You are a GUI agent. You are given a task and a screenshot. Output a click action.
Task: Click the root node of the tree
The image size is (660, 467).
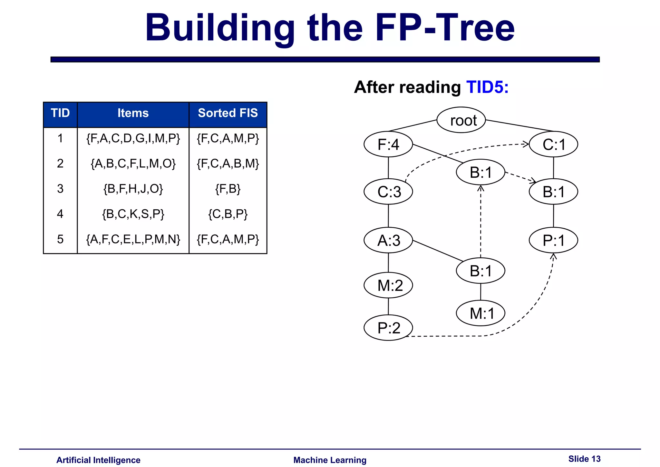(x=461, y=120)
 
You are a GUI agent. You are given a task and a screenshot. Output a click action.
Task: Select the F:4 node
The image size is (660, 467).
(x=388, y=144)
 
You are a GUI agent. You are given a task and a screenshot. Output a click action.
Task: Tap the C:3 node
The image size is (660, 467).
(x=388, y=192)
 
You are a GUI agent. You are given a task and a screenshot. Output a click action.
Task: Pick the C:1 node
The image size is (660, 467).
(x=553, y=144)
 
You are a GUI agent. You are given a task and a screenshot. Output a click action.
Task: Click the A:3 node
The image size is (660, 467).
(x=388, y=240)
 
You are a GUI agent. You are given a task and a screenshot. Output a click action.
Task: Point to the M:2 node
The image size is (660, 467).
(x=388, y=285)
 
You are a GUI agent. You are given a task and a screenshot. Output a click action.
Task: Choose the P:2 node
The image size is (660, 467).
(x=388, y=328)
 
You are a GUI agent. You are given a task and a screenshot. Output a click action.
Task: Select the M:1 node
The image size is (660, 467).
(x=480, y=313)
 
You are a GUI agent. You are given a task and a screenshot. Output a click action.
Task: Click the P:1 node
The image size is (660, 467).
(x=553, y=240)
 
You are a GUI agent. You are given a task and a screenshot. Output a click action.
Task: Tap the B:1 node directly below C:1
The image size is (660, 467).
(x=553, y=192)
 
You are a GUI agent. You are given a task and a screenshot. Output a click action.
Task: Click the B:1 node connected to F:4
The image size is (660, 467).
(x=480, y=172)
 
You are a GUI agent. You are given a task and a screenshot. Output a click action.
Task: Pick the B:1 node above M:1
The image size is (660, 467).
(x=480, y=271)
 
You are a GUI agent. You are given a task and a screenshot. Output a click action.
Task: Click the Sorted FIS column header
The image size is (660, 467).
(x=228, y=114)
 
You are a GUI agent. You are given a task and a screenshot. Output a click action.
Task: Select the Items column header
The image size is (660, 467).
(x=133, y=114)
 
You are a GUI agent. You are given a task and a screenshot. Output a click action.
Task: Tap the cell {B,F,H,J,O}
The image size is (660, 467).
(x=133, y=189)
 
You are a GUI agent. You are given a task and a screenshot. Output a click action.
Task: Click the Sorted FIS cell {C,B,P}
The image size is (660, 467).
(x=228, y=214)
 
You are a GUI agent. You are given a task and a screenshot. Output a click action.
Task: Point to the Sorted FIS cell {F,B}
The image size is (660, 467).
(x=228, y=189)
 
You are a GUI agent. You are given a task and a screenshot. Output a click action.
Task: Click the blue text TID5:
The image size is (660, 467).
(x=487, y=87)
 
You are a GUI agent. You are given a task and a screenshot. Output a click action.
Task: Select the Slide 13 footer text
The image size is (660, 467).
(x=584, y=459)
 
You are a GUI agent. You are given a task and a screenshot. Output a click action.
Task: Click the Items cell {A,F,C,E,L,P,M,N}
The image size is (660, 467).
(x=133, y=239)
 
